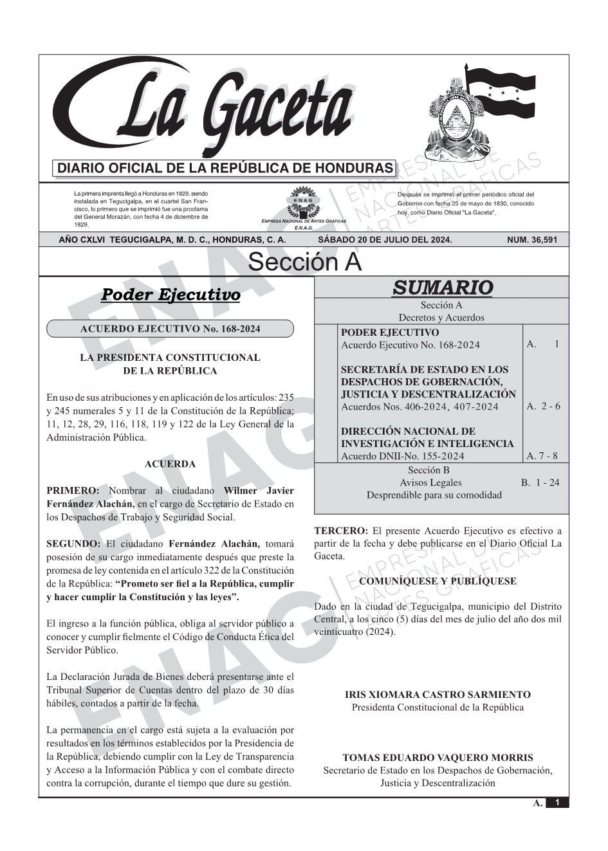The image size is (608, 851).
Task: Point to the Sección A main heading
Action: tap(304, 262)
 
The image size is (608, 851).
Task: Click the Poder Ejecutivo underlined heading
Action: tap(170, 295)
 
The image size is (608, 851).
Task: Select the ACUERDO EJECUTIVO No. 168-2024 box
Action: tap(170, 329)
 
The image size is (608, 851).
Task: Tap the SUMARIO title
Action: tap(442, 288)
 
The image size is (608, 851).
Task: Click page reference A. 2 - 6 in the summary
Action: tap(543, 406)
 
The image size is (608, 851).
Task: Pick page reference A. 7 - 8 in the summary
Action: tap(542, 456)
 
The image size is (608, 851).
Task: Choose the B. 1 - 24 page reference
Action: tap(540, 482)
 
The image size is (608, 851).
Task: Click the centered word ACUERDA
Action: tap(170, 464)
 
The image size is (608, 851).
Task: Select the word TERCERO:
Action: tap(341, 531)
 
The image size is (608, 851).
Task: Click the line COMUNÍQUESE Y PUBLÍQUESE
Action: tap(438, 581)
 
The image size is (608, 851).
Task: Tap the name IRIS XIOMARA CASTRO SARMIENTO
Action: tap(438, 695)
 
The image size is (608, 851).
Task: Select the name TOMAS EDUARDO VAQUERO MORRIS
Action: tap(438, 758)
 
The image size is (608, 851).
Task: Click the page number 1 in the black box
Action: tap(557, 803)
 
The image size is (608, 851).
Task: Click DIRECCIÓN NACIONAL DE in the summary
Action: tap(408, 431)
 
